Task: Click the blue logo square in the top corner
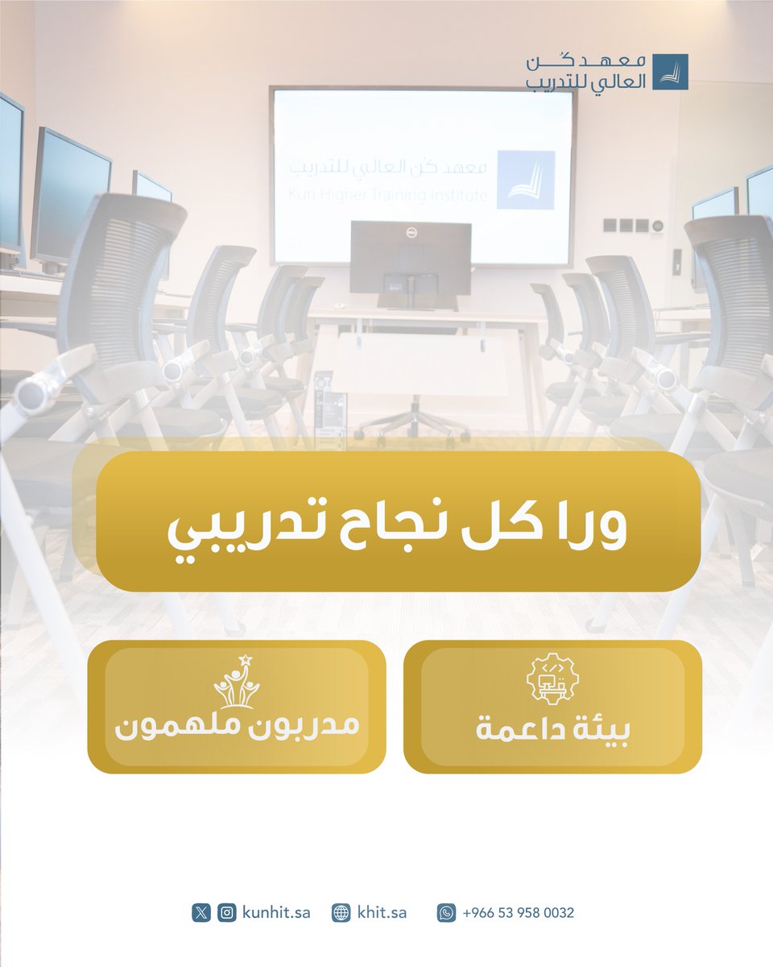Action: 670,72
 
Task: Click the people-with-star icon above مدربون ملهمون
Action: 237,682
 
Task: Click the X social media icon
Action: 201,913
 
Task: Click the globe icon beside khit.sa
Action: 341,913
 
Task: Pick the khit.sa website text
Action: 382,913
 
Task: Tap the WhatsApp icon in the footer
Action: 446,913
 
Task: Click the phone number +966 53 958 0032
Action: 518,913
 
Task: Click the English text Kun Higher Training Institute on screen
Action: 387,194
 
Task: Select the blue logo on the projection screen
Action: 525,180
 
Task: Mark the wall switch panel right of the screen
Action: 631,225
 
